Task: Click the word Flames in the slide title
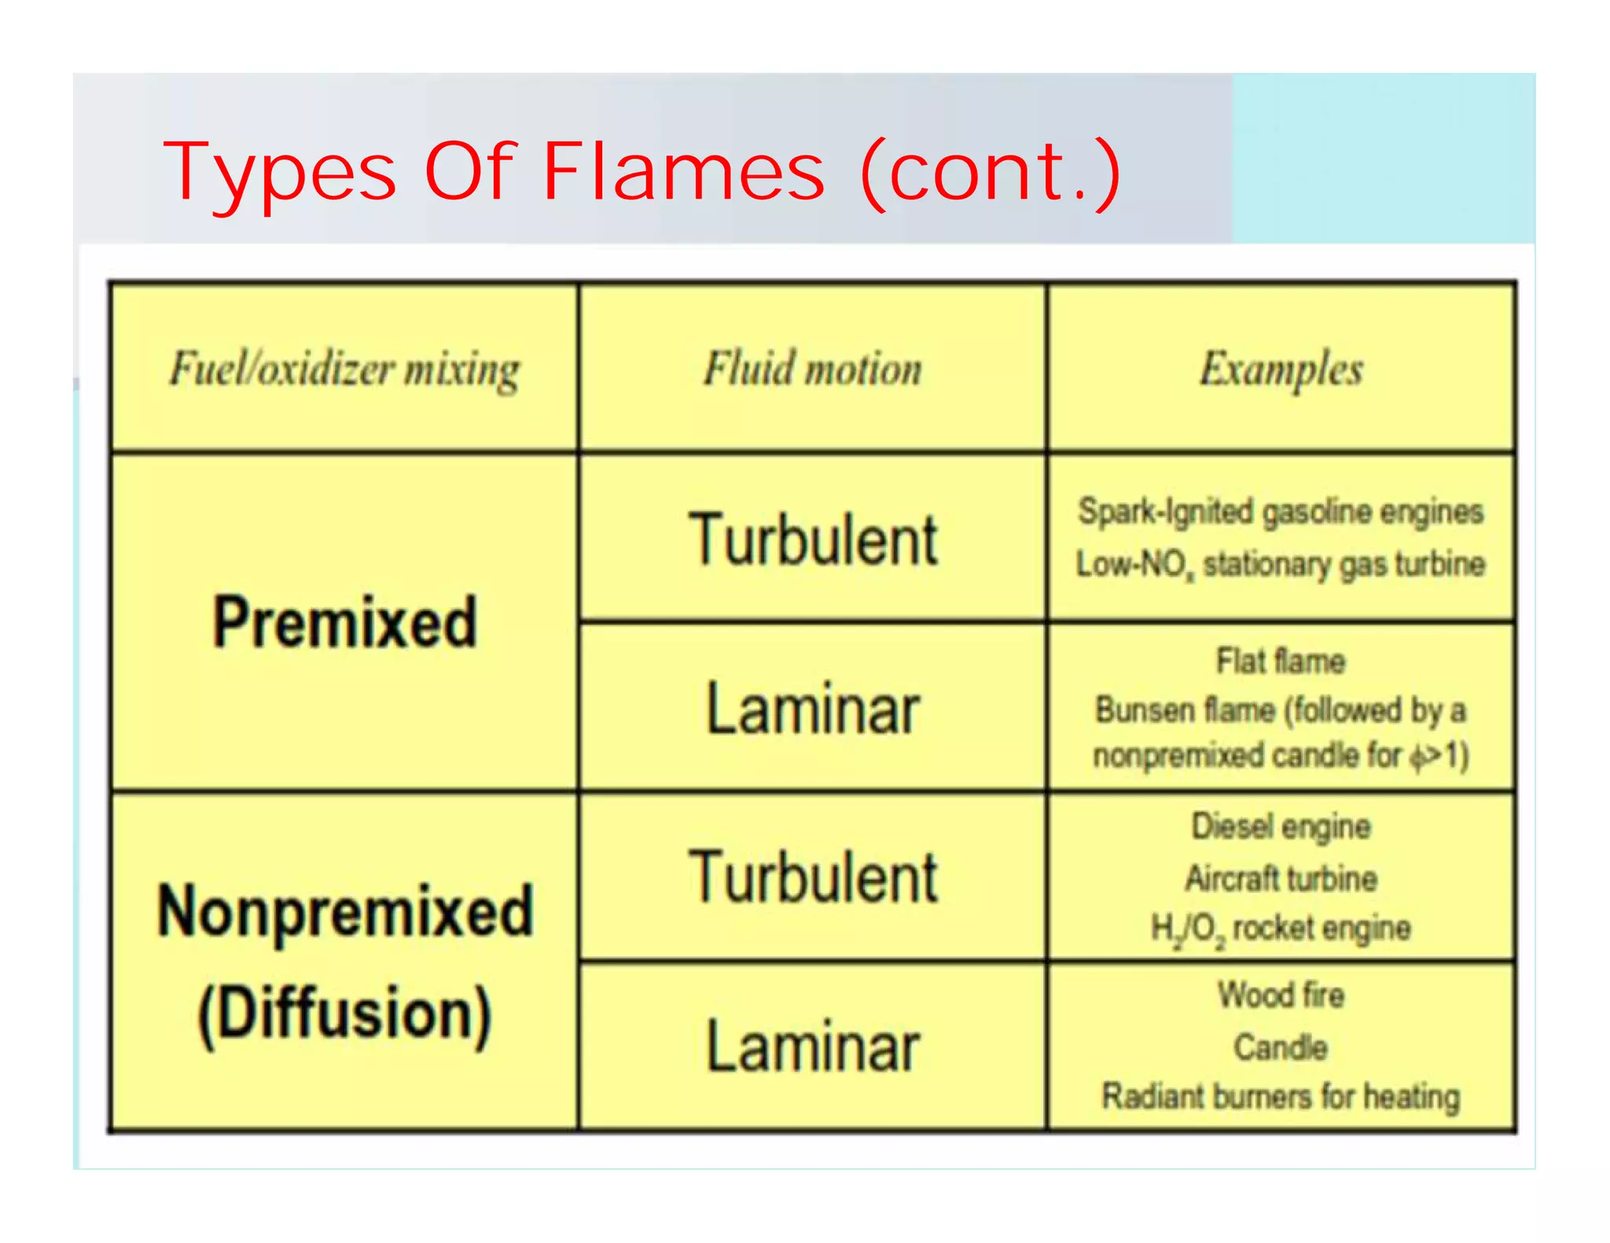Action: tap(683, 170)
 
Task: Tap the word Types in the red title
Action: tap(280, 172)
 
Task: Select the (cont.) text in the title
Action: tap(991, 170)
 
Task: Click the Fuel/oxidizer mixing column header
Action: tap(344, 368)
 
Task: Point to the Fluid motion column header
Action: tap(813, 368)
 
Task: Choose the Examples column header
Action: tap(1281, 368)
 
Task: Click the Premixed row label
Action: tap(344, 621)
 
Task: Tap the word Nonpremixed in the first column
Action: tap(345, 911)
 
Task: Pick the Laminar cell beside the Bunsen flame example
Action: tap(813, 709)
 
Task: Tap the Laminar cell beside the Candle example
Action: tap(813, 1047)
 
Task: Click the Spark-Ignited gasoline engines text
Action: tap(1281, 511)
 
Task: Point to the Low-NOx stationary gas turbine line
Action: tap(1281, 564)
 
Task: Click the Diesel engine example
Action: tap(1281, 827)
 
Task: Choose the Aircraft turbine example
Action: tap(1281, 878)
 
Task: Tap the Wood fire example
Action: tap(1281, 995)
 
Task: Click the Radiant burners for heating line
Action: tap(1281, 1096)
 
